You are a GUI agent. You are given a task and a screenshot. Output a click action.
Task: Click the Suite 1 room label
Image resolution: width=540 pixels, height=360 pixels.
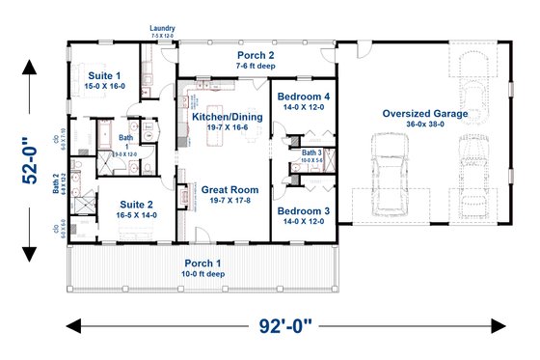click(x=107, y=74)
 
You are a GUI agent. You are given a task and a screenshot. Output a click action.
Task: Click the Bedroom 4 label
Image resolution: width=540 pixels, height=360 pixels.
click(x=305, y=97)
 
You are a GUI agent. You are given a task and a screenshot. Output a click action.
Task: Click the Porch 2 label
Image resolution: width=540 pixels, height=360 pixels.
click(x=258, y=57)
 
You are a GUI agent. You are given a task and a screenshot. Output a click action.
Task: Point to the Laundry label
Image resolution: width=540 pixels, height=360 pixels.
click(x=162, y=29)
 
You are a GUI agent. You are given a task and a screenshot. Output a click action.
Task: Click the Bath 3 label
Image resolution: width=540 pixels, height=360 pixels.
click(x=311, y=152)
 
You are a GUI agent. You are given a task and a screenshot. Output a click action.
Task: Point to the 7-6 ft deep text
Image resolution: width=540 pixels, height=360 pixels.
click(x=258, y=68)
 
